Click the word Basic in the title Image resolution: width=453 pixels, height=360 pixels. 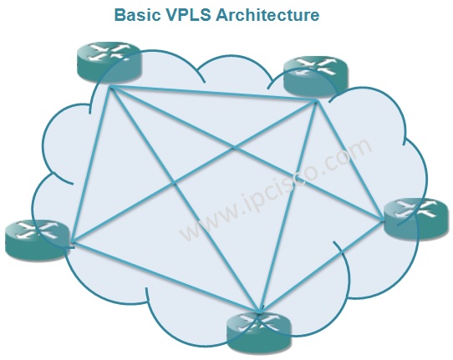coord(137,15)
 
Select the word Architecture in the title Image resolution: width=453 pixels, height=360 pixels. coord(267,15)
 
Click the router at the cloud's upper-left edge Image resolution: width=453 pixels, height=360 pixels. coord(109,62)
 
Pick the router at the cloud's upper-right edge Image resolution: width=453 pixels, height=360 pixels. coord(316,76)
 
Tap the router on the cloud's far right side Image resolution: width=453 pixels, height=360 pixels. coord(417,219)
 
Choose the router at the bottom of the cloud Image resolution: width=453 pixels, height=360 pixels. coord(259,332)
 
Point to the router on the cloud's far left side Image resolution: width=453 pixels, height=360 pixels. coord(38,240)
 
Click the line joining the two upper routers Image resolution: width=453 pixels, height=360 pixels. coord(213,93)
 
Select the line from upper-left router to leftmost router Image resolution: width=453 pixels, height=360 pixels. coord(91,164)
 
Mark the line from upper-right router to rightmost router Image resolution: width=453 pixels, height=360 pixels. coord(350,160)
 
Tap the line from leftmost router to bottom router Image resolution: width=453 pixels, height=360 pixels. coord(165,277)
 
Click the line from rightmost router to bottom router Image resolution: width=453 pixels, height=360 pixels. coord(322,266)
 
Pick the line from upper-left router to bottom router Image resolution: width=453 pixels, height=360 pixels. coord(185,200)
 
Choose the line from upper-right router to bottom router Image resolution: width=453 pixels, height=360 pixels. coord(288,206)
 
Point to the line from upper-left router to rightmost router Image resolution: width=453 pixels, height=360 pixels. coord(247,153)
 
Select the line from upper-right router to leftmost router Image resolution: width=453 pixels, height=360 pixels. coord(194,171)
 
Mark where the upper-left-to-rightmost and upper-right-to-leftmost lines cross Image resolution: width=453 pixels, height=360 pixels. coord(234,148)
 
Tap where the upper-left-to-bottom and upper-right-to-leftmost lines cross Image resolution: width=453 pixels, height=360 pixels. coord(174,183)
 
